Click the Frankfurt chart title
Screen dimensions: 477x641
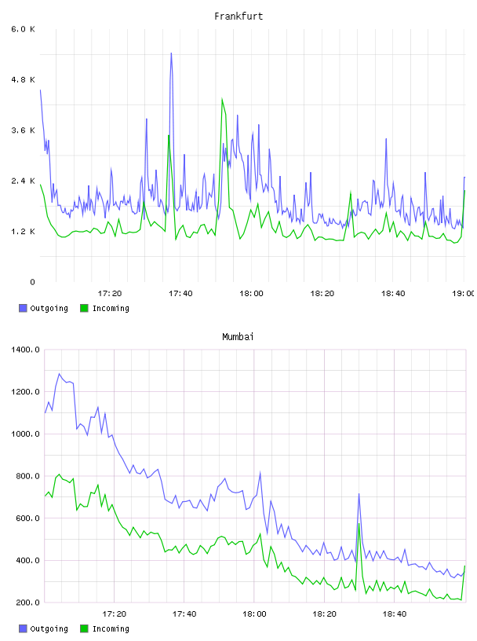tap(238, 16)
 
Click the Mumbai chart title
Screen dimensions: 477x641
tap(238, 336)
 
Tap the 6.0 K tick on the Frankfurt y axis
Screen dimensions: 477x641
tap(24, 29)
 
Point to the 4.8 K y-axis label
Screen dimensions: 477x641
tap(24, 79)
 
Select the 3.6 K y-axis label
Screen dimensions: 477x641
tap(24, 130)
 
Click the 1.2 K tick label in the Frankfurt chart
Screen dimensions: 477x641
tap(24, 232)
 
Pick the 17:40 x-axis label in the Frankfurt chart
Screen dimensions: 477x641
tap(180, 293)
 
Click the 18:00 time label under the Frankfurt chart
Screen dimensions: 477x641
tap(251, 293)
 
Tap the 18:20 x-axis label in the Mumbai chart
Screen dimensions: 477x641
tap(324, 614)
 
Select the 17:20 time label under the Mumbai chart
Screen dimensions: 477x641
tap(114, 614)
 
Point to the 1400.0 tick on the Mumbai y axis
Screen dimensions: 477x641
tap(25, 350)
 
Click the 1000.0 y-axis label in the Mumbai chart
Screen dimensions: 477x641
tap(25, 434)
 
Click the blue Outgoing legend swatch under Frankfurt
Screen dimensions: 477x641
tap(23, 308)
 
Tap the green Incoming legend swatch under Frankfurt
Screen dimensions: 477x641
tap(84, 308)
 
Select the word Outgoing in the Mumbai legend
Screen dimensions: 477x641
tap(49, 628)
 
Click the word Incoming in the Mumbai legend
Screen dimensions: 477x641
tap(111, 628)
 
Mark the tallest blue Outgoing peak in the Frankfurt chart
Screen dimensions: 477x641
tap(171, 53)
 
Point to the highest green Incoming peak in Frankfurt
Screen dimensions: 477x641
tap(222, 98)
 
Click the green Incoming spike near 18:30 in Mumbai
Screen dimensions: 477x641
tap(359, 524)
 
